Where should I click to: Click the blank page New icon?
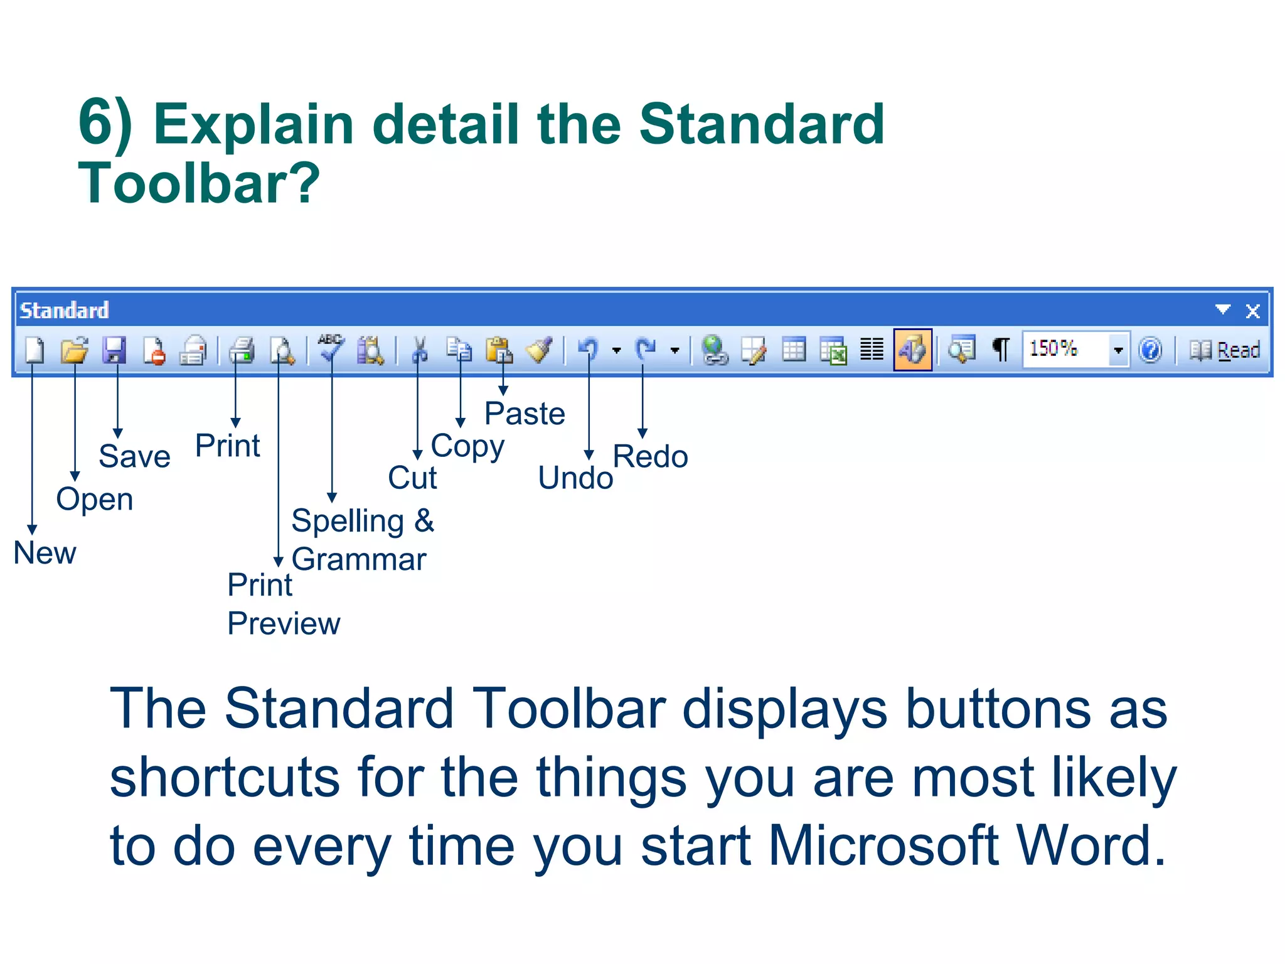(35, 350)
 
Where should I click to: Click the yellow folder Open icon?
(75, 350)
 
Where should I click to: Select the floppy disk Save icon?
(114, 350)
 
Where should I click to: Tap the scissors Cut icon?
(419, 350)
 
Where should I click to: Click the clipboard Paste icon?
(499, 350)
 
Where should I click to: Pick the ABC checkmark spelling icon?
(331, 349)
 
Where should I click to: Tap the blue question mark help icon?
(1150, 350)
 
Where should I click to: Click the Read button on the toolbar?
(1225, 350)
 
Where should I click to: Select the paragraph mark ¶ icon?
(1001, 350)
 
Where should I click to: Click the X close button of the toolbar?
(1252, 311)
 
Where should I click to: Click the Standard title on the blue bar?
(64, 310)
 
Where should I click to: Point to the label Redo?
(650, 456)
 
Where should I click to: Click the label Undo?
(575, 478)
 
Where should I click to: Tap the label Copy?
(467, 447)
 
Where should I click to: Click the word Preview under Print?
(284, 623)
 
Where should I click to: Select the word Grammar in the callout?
(359, 559)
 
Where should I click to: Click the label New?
(45, 553)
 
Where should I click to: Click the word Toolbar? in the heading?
(199, 183)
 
